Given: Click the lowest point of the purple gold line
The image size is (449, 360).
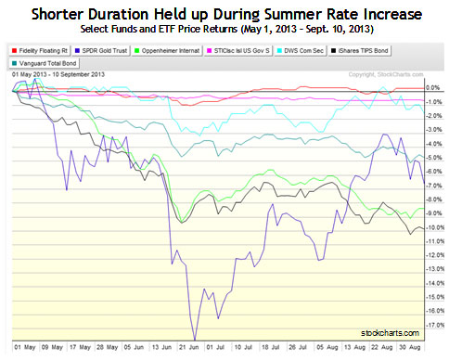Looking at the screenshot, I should [x=194, y=340].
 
